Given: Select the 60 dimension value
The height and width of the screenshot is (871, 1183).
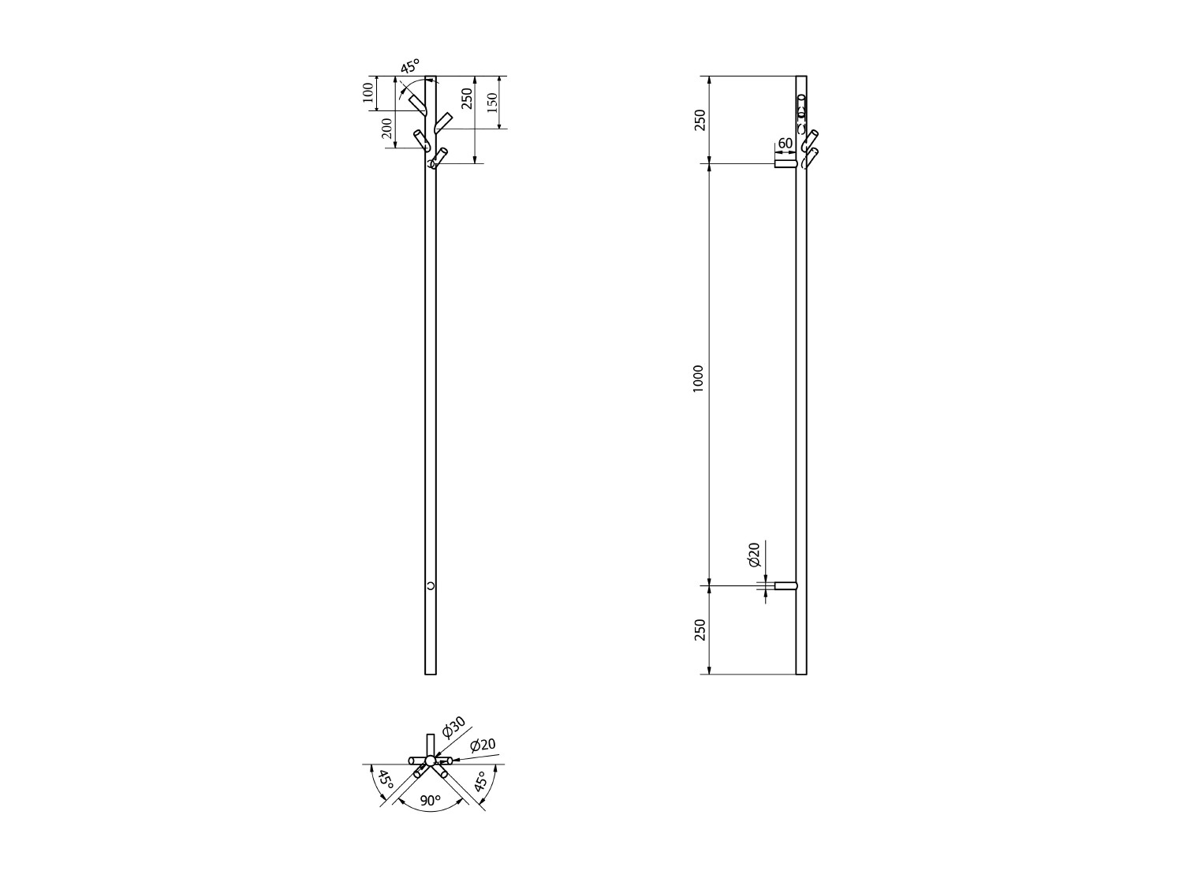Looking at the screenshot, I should [x=785, y=144].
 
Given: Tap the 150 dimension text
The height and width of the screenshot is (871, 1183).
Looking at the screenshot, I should [x=492, y=102].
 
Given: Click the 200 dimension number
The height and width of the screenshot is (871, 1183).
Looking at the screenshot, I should [x=386, y=128].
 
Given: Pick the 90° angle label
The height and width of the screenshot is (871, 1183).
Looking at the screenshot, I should [x=430, y=800].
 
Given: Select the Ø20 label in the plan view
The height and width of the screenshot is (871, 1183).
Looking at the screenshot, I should [x=483, y=745].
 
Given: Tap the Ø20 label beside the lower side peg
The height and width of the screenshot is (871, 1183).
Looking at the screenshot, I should [x=753, y=555].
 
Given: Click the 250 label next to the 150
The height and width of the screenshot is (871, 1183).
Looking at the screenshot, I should [x=467, y=99].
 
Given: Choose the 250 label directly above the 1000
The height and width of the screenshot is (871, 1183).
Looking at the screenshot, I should [x=699, y=120].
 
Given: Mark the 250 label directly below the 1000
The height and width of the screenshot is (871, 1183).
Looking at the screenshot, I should [x=699, y=630].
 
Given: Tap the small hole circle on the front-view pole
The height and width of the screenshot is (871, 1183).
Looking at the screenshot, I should [x=431, y=585].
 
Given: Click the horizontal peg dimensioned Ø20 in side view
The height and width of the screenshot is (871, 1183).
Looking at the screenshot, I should [x=786, y=586].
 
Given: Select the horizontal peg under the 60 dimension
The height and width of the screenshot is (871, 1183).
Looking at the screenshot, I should [x=785, y=163].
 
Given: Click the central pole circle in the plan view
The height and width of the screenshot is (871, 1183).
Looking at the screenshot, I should [x=430, y=761].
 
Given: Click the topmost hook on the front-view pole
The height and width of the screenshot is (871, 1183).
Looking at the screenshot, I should [x=417, y=103].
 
